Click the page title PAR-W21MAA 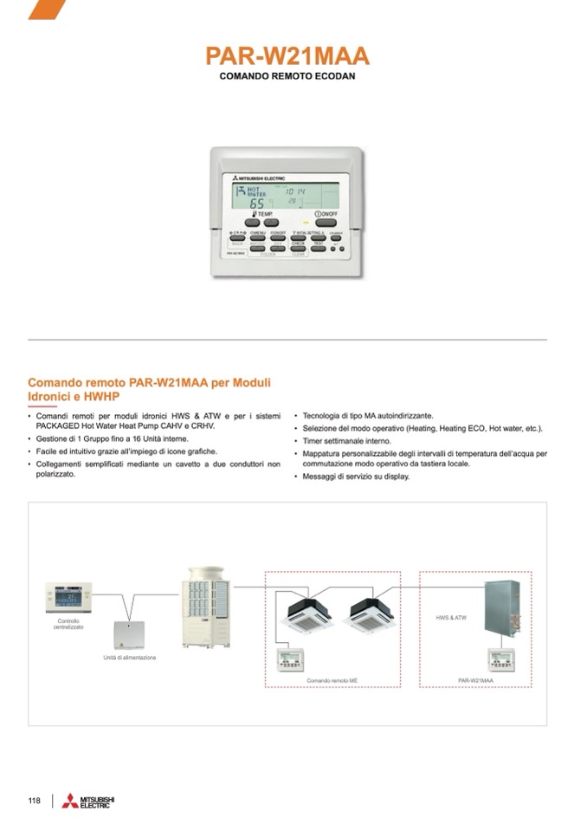(287, 56)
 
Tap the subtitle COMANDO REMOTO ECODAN (287, 76)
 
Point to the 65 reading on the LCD (257, 204)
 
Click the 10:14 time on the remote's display (295, 191)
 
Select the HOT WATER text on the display (257, 192)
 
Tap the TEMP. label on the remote (263, 213)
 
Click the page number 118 (35, 800)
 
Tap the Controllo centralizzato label (69, 624)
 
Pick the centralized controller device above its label (68, 597)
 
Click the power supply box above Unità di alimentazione (128, 635)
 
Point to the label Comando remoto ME (332, 681)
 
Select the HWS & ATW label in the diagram (450, 618)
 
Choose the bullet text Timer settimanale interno (346, 441)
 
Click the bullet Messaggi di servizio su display (356, 477)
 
